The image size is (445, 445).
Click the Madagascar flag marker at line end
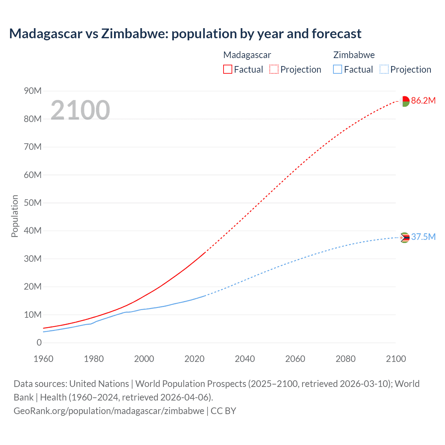coord(405,101)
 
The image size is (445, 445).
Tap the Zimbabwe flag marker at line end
coord(405,238)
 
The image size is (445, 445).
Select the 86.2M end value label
coord(423,101)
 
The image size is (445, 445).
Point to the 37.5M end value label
coord(423,237)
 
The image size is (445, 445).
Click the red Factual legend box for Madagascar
coord(227,69)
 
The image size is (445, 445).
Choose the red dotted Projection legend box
coord(274,69)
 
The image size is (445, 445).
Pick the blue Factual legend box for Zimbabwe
coord(337,69)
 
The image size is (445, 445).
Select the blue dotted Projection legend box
coord(384,69)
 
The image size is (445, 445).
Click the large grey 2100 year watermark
coord(80,110)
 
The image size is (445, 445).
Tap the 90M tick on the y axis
coord(33,91)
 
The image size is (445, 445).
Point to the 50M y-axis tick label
coord(33,203)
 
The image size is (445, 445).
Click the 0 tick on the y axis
coord(39,343)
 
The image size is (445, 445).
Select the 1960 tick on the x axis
coord(43,359)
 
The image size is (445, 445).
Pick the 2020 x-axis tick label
coord(194,359)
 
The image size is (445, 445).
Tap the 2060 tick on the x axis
coord(295,359)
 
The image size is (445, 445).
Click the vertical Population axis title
coord(15,216)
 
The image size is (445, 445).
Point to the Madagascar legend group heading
coord(247,55)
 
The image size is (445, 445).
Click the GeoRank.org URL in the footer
coord(109,411)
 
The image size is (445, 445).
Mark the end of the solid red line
coord(205,252)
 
